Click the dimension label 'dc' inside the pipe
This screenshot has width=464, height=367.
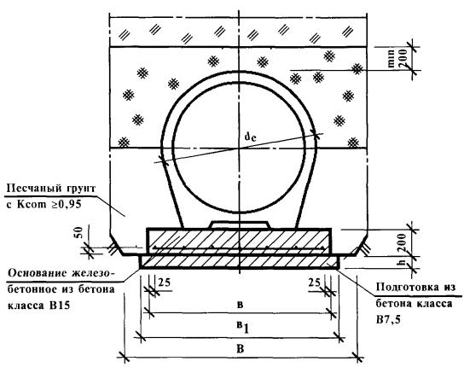[250, 137]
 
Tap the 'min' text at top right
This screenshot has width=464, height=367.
[391, 59]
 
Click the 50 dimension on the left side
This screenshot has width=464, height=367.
[78, 233]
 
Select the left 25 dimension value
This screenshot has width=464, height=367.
[165, 283]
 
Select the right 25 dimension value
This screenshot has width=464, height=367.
[314, 283]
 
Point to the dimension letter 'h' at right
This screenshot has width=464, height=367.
[402, 262]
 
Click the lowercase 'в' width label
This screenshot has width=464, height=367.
[241, 305]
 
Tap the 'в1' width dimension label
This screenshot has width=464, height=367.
[242, 327]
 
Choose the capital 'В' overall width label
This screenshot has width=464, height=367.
[241, 348]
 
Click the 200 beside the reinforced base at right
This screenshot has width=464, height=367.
[402, 242]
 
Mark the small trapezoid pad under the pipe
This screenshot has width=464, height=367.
[240, 224]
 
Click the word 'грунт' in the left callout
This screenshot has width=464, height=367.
[81, 189]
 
